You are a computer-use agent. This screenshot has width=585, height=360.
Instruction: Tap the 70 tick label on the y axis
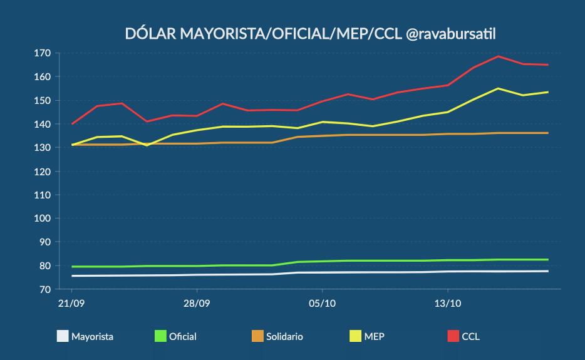point(45,289)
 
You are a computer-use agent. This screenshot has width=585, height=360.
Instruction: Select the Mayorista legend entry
point(92,337)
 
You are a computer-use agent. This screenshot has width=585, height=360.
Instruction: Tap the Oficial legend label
point(182,337)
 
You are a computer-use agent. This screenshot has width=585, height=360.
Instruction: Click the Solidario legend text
point(284,337)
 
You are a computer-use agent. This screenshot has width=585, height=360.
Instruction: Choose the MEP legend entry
point(375,337)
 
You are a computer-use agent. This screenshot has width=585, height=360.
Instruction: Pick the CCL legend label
point(470,337)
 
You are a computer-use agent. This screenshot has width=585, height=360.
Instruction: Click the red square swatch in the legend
point(453,336)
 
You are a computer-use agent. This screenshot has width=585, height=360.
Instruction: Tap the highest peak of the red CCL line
point(498,56)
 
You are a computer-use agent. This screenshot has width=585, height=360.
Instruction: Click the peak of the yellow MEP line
point(498,88)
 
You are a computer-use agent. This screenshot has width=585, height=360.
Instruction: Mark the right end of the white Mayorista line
point(548,271)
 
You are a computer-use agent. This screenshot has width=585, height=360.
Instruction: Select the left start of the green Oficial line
point(72,267)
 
